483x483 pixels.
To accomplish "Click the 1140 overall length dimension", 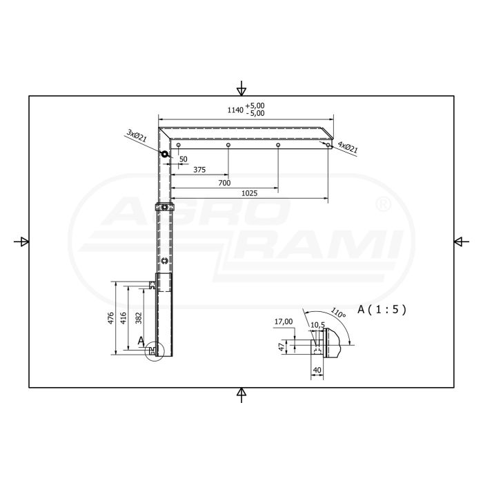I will [235, 110].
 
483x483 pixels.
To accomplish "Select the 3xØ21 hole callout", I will [137, 135].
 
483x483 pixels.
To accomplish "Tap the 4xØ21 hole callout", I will [347, 147].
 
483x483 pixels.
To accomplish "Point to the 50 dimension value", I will [183, 159].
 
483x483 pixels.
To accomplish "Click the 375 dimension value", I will [199, 170].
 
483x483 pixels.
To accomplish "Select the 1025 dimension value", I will [250, 194].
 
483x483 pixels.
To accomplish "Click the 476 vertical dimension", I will [110, 319].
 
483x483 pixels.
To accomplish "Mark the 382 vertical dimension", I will [139, 319].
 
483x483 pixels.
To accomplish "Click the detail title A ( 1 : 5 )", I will [382, 310].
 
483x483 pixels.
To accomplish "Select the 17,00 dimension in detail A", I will [284, 321].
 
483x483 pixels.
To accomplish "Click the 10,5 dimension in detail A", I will [317, 324].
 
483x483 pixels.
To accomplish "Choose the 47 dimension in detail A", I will [281, 348].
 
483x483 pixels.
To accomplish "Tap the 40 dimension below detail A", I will [317, 371].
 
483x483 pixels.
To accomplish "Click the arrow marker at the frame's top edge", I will [241, 88].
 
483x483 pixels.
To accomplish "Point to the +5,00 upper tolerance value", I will [255, 106].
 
